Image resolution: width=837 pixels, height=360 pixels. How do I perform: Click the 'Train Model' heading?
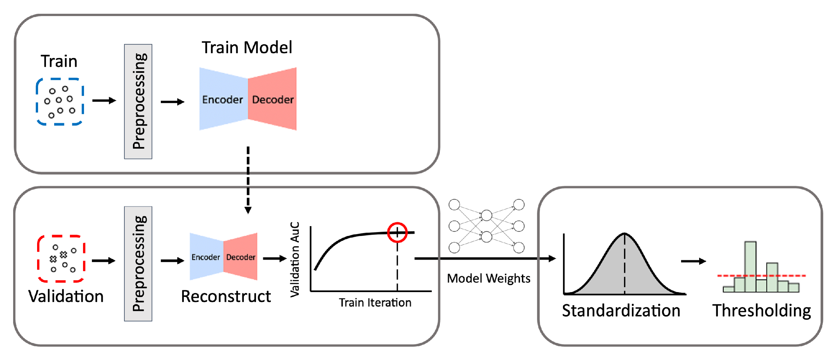click(247, 48)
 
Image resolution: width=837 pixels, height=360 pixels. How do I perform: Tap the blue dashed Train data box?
click(59, 101)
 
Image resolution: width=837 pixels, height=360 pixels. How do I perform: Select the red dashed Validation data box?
click(61, 258)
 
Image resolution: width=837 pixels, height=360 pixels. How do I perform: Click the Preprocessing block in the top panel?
click(138, 101)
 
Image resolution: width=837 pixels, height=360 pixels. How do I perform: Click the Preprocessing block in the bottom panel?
click(138, 264)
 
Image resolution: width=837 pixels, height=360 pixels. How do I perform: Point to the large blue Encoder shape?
click(222, 99)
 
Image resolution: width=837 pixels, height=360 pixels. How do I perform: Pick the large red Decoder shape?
click(273, 99)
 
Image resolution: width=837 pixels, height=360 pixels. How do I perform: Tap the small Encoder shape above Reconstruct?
click(206, 257)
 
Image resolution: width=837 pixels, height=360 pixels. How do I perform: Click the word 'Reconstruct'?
click(226, 296)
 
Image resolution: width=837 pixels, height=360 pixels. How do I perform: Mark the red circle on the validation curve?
click(397, 232)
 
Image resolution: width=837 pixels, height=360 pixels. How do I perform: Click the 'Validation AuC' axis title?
click(295, 259)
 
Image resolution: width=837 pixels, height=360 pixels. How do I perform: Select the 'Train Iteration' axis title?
click(375, 302)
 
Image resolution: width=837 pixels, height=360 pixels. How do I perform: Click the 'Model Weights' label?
click(488, 278)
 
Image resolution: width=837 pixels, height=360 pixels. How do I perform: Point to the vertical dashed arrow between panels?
click(248, 179)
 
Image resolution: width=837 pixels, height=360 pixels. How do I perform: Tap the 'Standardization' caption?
click(621, 310)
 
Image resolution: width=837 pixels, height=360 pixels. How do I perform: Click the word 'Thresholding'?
click(761, 310)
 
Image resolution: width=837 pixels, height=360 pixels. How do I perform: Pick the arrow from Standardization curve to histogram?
click(693, 261)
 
